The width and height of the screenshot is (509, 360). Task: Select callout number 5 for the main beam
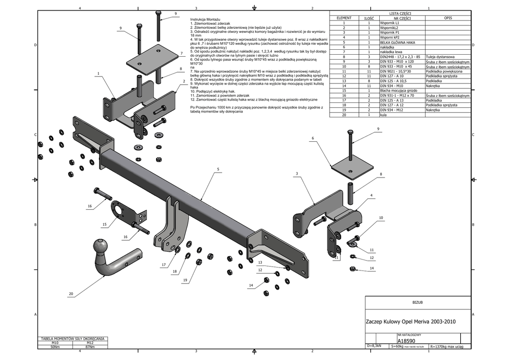click(x=218, y=170)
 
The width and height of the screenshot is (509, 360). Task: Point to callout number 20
click(x=71, y=294)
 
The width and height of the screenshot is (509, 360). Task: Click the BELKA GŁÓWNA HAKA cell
click(x=397, y=42)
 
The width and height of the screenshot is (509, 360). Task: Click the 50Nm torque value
click(x=55, y=346)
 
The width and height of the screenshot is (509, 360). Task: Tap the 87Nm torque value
click(x=90, y=346)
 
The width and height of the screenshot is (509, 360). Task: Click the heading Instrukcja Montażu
click(x=206, y=19)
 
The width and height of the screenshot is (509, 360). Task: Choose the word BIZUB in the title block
click(x=418, y=302)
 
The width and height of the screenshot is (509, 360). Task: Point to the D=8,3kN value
click(x=374, y=345)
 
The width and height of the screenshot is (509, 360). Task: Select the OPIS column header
click(x=447, y=18)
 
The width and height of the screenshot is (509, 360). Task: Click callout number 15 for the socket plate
click(x=104, y=224)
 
